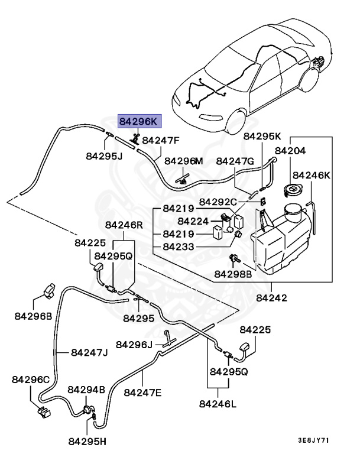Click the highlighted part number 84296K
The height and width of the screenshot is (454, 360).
tap(139, 121)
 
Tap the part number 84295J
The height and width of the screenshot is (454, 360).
tap(103, 157)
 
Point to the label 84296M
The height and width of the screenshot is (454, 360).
tap(183, 161)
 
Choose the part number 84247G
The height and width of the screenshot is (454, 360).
tap(235, 161)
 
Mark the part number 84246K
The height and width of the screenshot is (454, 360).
tap(312, 175)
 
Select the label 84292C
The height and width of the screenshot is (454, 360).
tap(218, 202)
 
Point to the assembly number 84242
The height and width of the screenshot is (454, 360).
tap(272, 298)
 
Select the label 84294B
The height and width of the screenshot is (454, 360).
tap(86, 390)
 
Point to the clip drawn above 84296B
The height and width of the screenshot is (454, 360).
tap(49, 291)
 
